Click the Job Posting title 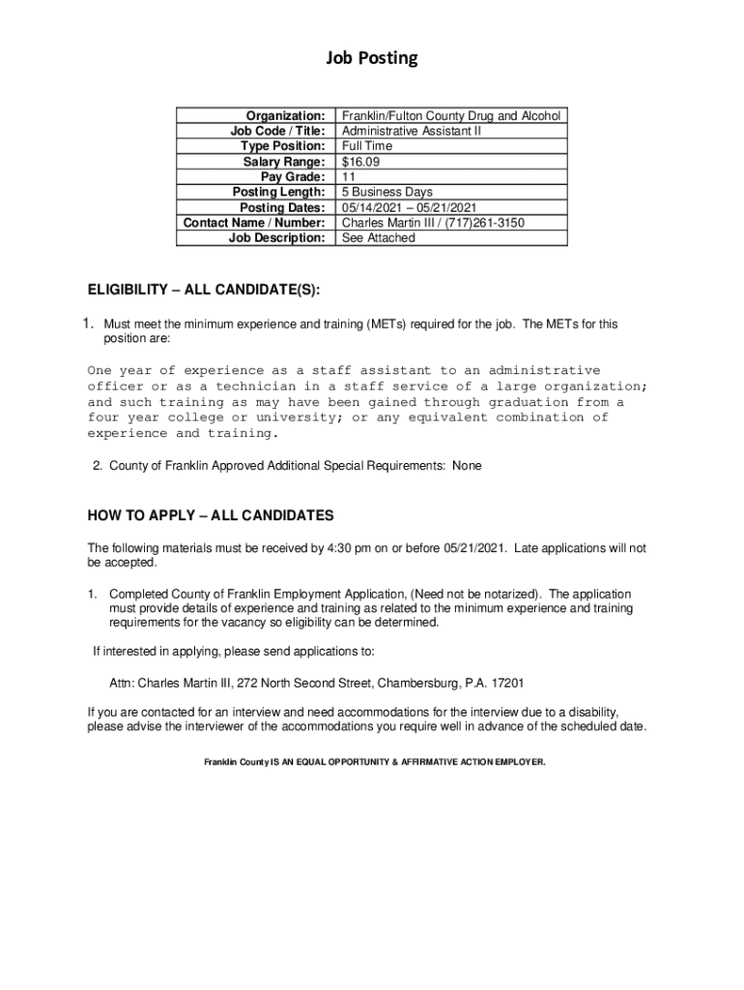click(x=371, y=59)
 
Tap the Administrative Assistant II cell click(x=411, y=131)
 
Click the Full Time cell click(x=367, y=146)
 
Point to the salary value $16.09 click(x=359, y=161)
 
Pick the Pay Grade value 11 click(x=350, y=177)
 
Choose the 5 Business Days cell click(x=387, y=192)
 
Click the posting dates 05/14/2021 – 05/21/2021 click(x=409, y=208)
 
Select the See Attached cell click(x=379, y=238)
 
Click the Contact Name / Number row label click(x=254, y=222)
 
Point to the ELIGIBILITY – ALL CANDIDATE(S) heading click(x=203, y=290)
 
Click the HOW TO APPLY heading click(x=210, y=515)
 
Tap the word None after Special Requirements click(x=466, y=466)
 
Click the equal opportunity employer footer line click(x=374, y=762)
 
